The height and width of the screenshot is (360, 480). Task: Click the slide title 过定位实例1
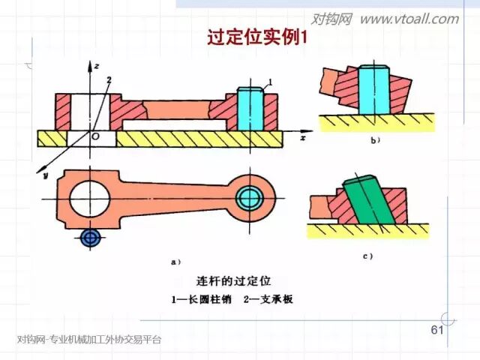click(x=257, y=37)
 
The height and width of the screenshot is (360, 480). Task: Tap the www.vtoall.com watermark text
click(x=409, y=19)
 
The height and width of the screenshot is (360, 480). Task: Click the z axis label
click(x=97, y=66)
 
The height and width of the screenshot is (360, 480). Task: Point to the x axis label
click(x=302, y=139)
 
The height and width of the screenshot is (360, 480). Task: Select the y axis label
click(x=45, y=176)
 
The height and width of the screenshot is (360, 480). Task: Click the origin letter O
click(x=94, y=138)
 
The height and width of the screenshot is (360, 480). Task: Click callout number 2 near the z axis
click(x=109, y=79)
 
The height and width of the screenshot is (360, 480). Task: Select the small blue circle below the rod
click(x=91, y=238)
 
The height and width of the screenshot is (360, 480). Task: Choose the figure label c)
click(x=369, y=256)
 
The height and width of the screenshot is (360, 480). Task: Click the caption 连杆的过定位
click(x=232, y=281)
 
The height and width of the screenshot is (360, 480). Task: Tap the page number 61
click(x=437, y=331)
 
